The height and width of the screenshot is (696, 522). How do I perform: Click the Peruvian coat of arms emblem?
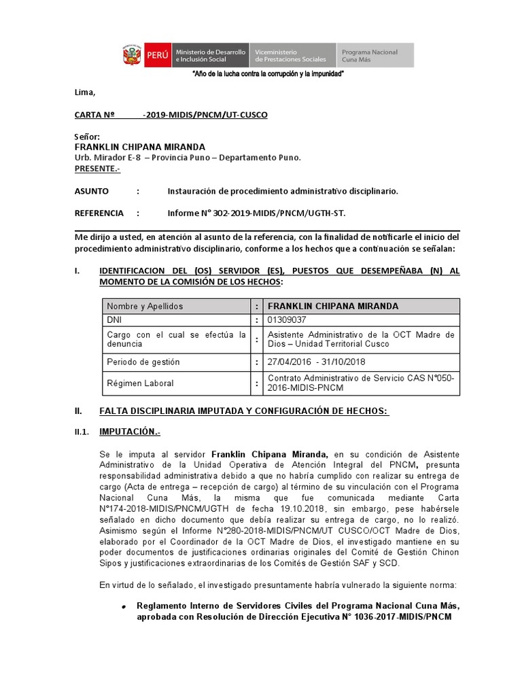pyautogui.click(x=132, y=55)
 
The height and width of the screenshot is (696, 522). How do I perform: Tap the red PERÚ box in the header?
pyautogui.click(x=156, y=55)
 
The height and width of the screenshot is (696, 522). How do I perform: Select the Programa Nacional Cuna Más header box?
pyautogui.click(x=375, y=55)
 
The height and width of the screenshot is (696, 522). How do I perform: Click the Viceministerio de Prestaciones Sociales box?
pyautogui.click(x=292, y=55)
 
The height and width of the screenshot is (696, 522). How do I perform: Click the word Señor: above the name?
pyautogui.click(x=87, y=137)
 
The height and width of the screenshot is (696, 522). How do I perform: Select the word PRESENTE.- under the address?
pyautogui.click(x=97, y=168)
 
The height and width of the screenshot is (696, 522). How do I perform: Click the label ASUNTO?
pyautogui.click(x=91, y=192)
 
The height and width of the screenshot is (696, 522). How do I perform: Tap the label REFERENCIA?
pyautogui.click(x=99, y=213)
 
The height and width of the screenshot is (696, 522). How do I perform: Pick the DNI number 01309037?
pyautogui.click(x=287, y=320)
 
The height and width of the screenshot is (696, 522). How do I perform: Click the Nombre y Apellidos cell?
pyautogui.click(x=145, y=307)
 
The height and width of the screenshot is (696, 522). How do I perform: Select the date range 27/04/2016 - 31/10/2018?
pyautogui.click(x=317, y=362)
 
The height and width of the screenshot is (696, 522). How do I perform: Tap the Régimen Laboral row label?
pyautogui.click(x=140, y=383)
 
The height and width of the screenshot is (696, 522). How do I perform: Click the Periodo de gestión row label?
pyautogui.click(x=143, y=362)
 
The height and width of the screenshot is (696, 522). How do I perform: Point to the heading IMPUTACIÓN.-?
pyautogui.click(x=130, y=432)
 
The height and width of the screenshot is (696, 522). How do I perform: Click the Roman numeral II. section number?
pyautogui.click(x=78, y=411)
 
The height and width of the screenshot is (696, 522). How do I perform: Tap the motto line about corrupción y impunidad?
pyautogui.click(x=268, y=73)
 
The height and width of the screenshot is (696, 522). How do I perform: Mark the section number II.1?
pyautogui.click(x=82, y=432)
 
